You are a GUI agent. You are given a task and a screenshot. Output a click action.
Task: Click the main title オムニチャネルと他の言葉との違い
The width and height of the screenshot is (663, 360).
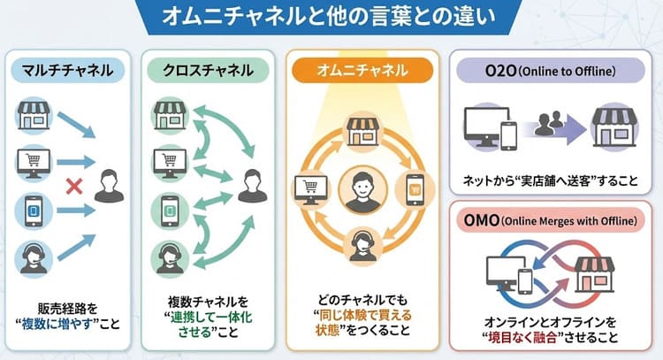(331, 17)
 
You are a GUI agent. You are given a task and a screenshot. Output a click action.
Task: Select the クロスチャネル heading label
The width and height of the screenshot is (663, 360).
(208, 69)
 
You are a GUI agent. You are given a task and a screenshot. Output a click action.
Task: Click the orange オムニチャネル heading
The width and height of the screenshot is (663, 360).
(362, 69)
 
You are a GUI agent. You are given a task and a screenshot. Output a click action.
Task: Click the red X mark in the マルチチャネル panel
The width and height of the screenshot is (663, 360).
(77, 187)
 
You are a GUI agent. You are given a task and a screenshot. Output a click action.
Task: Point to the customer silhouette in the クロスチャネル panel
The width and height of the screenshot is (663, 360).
(250, 187)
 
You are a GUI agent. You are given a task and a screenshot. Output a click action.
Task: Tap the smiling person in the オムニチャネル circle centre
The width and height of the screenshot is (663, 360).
(363, 189)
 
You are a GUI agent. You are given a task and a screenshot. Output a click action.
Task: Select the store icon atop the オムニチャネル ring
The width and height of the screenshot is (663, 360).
(362, 130)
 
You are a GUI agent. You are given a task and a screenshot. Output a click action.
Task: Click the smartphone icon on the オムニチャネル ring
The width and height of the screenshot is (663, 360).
(415, 188)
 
